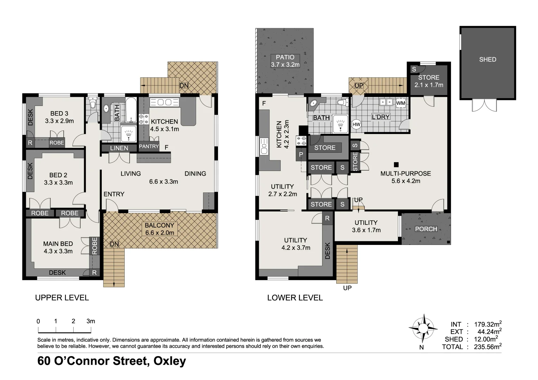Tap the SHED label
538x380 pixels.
click(487, 59)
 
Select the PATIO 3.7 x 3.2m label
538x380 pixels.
click(285, 61)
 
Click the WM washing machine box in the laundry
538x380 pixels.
click(401, 103)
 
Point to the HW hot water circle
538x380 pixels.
click(356, 125)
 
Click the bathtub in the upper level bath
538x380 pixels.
click(131, 109)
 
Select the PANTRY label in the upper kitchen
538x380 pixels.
click(149, 146)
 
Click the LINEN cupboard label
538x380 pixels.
click(119, 148)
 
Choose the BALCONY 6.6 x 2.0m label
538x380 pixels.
click(159, 229)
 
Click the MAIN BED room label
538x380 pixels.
click(58, 247)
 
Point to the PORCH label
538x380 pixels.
click(426, 229)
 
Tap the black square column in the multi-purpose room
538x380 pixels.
click(396, 164)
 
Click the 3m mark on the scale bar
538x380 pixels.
click(90, 321)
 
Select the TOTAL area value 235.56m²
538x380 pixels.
click(486, 347)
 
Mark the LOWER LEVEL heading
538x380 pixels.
click(295, 298)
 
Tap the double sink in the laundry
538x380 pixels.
click(386, 102)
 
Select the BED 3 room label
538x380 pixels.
click(59, 117)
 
